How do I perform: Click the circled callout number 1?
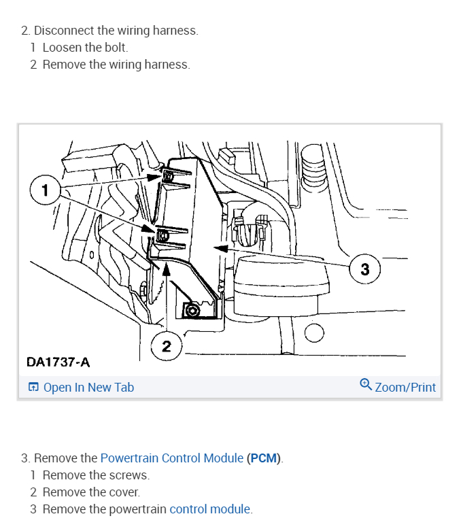click(x=45, y=190)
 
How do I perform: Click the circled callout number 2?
click(x=167, y=346)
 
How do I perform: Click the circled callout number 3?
click(x=365, y=269)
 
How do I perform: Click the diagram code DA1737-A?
click(x=58, y=362)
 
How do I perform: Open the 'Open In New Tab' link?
click(x=88, y=388)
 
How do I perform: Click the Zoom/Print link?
click(x=405, y=388)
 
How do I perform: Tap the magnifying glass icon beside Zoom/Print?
click(x=366, y=385)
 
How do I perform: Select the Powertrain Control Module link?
click(x=172, y=458)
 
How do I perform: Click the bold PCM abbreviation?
click(x=264, y=458)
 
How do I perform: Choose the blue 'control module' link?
click(x=210, y=509)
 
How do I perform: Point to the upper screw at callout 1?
click(x=169, y=176)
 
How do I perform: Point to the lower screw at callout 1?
click(x=163, y=235)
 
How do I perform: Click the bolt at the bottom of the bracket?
click(x=192, y=310)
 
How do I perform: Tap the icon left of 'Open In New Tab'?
click(x=33, y=387)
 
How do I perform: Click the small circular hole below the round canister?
click(x=314, y=332)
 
